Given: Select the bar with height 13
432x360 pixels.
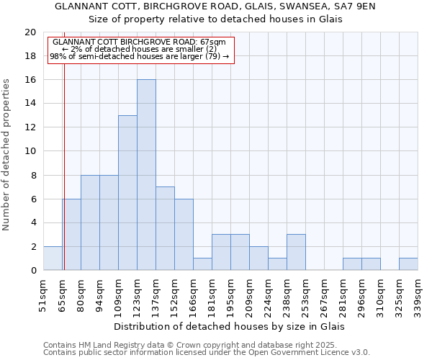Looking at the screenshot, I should (127, 193).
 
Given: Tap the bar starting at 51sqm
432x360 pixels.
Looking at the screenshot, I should (53, 258).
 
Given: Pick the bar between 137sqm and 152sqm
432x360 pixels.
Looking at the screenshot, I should (165, 228).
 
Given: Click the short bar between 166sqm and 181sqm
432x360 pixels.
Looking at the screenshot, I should (202, 264).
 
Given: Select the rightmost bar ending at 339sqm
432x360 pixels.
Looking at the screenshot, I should (408, 264).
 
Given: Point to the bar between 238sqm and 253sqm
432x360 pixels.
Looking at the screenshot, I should (296, 252).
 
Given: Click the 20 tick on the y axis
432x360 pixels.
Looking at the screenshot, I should (30, 32).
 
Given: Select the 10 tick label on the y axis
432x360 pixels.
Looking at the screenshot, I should (30, 151).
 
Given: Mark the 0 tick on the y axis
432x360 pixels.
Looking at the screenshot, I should (32, 271).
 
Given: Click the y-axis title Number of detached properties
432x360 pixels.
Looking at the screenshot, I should (7, 154).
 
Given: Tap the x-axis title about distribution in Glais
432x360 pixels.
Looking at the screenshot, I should (230, 326).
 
